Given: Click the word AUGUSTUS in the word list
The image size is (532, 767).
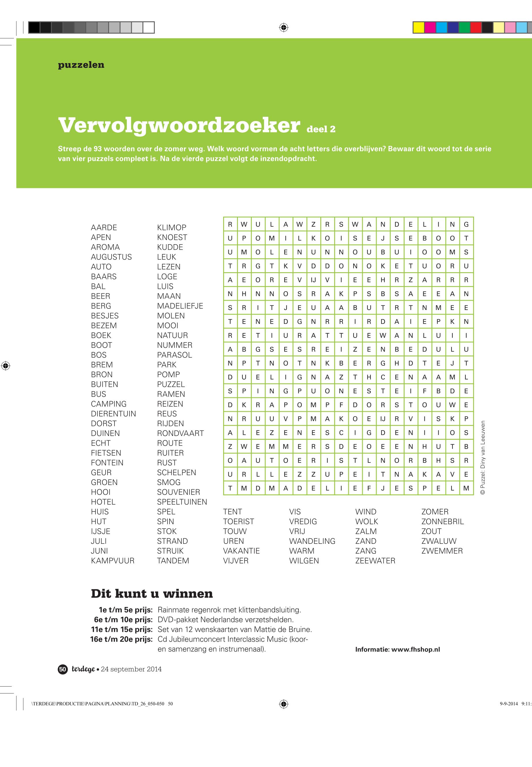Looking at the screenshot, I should (111, 257).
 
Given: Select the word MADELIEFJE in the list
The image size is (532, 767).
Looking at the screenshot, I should (180, 306).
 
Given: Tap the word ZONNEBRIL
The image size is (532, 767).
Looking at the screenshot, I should (442, 521).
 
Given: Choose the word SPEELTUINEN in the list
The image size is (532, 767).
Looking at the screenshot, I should (182, 502).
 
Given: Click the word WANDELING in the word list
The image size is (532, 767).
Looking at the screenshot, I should (312, 541).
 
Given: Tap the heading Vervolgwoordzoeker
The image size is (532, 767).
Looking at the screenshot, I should (179, 125).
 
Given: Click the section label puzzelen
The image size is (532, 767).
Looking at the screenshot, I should (81, 65).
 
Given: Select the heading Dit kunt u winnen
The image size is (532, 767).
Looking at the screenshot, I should (152, 594).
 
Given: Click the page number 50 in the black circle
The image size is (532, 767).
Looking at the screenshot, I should (63, 669).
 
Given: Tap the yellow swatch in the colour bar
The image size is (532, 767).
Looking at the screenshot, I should (418, 27).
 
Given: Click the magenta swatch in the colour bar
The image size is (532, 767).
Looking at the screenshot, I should (430, 27).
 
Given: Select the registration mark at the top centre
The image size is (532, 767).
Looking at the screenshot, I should (283, 27).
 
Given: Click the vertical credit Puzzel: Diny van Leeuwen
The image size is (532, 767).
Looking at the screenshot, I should (483, 457).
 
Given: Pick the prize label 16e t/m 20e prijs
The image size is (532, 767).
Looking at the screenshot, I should (121, 639).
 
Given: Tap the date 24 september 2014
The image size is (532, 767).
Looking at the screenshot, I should (131, 669).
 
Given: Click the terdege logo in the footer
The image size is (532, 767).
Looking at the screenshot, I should (83, 669).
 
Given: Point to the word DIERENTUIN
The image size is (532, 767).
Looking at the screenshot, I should (113, 414).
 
